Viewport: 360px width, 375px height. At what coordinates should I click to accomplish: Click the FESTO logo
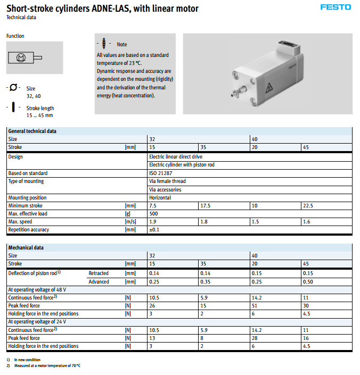pos(336,7)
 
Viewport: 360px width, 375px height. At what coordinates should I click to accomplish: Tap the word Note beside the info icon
pos(122,45)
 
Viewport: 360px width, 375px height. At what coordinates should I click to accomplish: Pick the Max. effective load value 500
pos(154,214)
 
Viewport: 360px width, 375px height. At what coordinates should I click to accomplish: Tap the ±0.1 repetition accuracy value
pos(154,230)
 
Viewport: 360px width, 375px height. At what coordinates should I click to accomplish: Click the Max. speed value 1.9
pos(152,222)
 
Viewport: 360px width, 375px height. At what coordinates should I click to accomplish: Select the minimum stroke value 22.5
pos(308,205)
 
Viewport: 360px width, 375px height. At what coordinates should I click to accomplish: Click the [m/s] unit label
pos(130,222)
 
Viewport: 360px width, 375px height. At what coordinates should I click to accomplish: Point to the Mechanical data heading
pos(26,247)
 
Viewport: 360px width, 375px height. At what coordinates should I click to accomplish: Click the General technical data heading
pos(32,131)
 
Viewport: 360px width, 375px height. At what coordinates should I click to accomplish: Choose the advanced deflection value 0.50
pos(307,282)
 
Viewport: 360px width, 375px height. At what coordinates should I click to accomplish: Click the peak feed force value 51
pos(255,306)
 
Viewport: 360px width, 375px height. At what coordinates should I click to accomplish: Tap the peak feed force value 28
pos(255,338)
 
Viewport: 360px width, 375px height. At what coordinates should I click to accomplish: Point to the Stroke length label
pos(40,109)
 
